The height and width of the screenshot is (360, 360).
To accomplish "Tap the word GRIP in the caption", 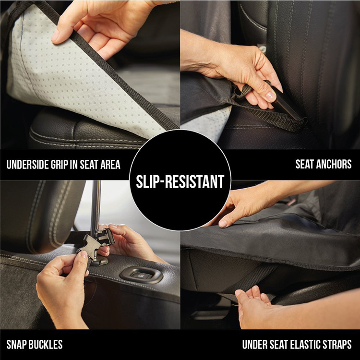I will click(x=59, y=165).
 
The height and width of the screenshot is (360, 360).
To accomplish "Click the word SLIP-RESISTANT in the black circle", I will click(x=180, y=182).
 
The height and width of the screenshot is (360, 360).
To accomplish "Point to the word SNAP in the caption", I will click(x=17, y=344).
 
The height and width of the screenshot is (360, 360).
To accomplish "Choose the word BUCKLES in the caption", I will click(x=46, y=344).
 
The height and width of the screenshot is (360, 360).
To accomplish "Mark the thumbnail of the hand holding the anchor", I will click(x=270, y=96).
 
